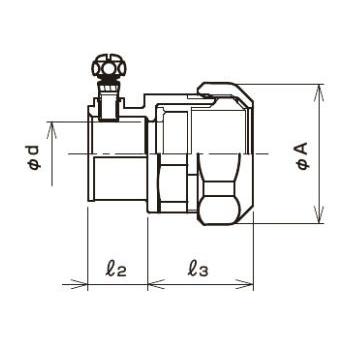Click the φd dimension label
pyautogui.click(x=34, y=158)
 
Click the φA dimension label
pyautogui.click(x=303, y=156)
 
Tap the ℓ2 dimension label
pyautogui.click(x=116, y=269)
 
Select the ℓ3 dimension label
pyautogui.click(x=198, y=269)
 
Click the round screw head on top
pyautogui.click(x=109, y=69)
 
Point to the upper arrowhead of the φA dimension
pyautogui.click(x=319, y=92)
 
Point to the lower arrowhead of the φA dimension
pyautogui.click(x=319, y=215)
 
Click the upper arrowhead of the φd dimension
pyautogui.click(x=52, y=130)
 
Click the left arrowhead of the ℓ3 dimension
pyautogui.click(x=156, y=285)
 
